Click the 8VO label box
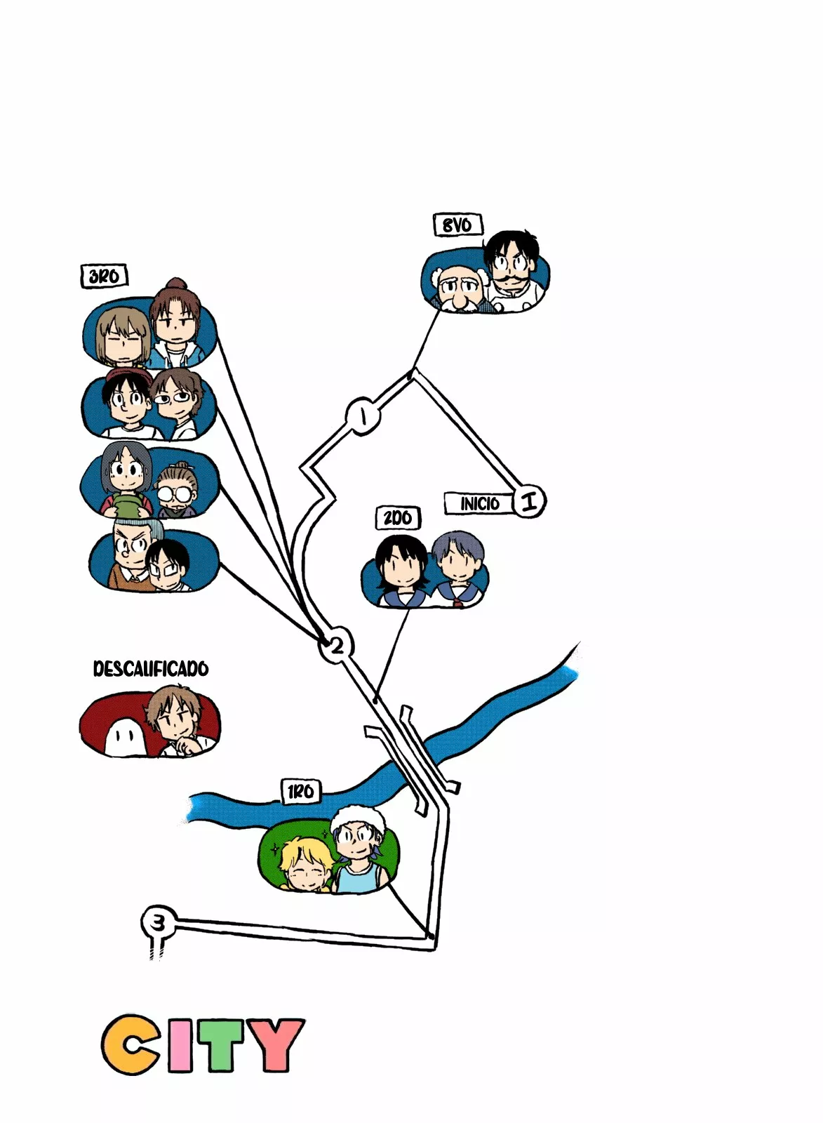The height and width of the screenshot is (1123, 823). tap(457, 225)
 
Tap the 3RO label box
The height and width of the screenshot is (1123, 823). tap(104, 276)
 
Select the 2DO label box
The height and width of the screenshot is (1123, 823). tap(397, 518)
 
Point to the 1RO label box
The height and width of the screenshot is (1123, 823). tap(300, 792)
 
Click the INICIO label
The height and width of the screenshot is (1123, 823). tap(479, 503)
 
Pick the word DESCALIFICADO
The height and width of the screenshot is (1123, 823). tap(151, 668)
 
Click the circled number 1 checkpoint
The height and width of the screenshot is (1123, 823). tap(363, 416)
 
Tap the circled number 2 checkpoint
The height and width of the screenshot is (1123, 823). tap(336, 645)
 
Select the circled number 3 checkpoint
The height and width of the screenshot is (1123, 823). tap(159, 922)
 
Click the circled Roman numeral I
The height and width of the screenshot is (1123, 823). tap(529, 501)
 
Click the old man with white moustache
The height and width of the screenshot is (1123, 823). tap(458, 288)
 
